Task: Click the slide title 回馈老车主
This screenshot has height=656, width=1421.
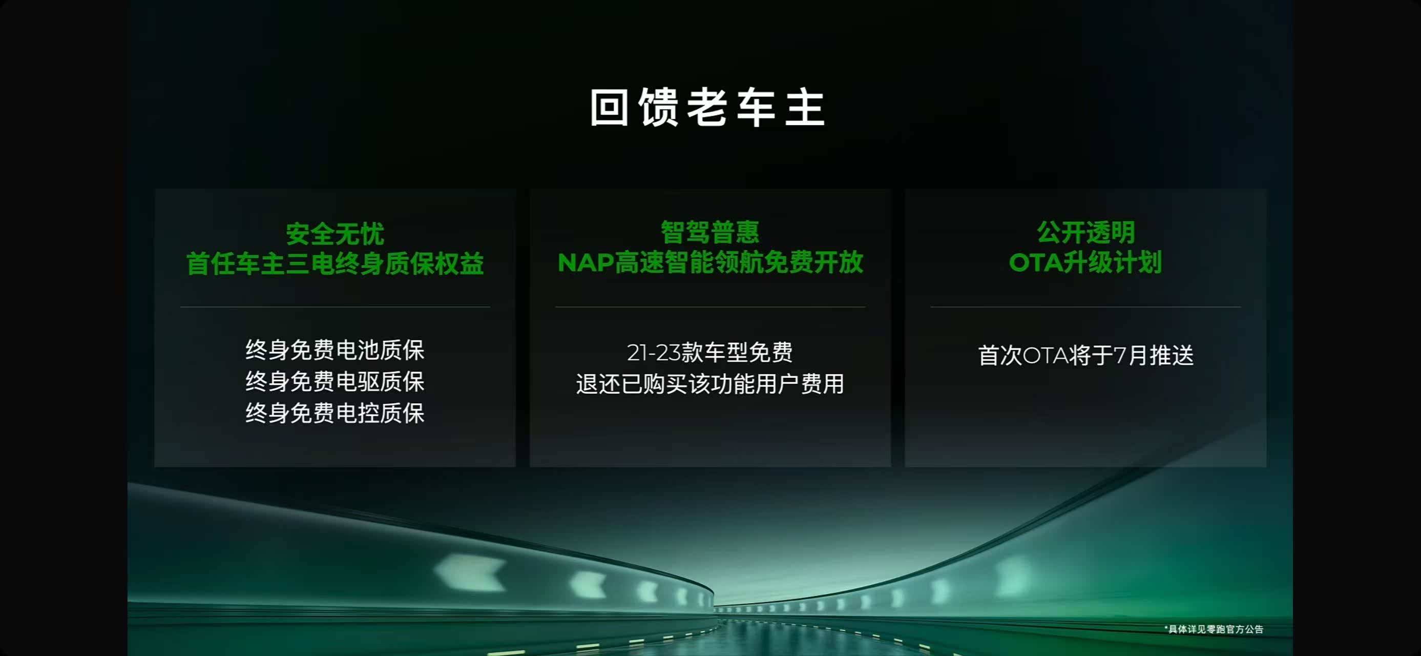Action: click(708, 108)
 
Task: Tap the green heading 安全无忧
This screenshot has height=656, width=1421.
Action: click(335, 234)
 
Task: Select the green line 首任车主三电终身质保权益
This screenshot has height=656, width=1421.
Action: click(335, 263)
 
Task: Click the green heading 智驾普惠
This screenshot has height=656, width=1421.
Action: click(710, 232)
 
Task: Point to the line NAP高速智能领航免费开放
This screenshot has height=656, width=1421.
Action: click(710, 262)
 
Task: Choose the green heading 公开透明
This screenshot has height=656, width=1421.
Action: click(1085, 232)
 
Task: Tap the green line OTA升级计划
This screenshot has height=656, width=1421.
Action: click(1085, 262)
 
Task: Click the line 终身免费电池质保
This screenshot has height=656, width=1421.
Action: click(335, 350)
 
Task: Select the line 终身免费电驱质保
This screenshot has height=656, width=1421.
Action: click(335, 381)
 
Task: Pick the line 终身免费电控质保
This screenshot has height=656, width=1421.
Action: click(335, 413)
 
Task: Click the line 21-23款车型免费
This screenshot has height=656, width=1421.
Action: click(710, 353)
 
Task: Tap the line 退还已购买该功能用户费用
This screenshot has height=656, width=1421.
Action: click(710, 384)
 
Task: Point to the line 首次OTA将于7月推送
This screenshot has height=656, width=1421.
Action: click(1085, 355)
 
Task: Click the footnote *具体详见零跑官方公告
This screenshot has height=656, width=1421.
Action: click(1214, 629)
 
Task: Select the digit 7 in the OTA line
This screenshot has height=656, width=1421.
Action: click(1120, 355)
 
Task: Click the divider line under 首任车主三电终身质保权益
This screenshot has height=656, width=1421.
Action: click(335, 307)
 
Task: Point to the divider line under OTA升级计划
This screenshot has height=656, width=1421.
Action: click(1085, 307)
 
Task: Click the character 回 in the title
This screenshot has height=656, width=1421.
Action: click(610, 108)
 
